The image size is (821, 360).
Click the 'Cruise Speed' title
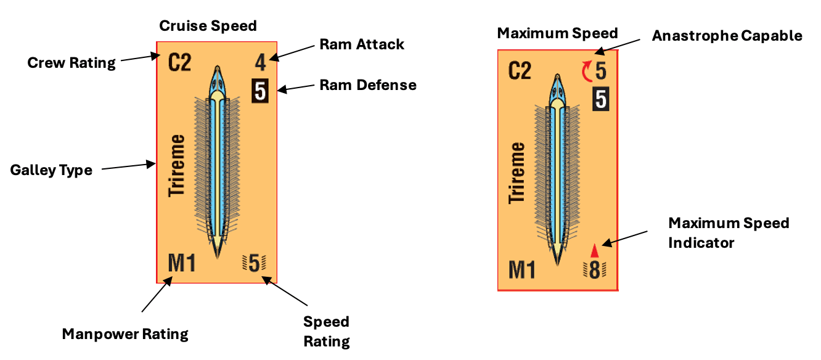click(x=208, y=26)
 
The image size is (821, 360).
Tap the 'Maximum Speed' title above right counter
click(x=557, y=33)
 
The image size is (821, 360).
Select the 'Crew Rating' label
click(x=71, y=63)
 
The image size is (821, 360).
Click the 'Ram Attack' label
click(x=362, y=44)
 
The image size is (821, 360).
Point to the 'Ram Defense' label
click(x=368, y=85)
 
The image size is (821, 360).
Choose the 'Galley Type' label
click(x=51, y=170)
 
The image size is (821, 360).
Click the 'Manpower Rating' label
click(x=125, y=334)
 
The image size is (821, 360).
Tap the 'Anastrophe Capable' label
click(x=727, y=36)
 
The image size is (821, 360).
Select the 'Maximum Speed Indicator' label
click(x=729, y=233)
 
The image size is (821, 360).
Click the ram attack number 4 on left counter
click(x=260, y=63)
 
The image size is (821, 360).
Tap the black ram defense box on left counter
click(x=260, y=91)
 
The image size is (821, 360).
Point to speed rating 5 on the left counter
click(x=254, y=263)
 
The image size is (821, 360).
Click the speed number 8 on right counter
click(x=595, y=270)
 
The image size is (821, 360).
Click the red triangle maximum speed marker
click(x=595, y=251)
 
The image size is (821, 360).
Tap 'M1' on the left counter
click(x=182, y=263)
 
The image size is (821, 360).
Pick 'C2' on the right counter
click(x=520, y=71)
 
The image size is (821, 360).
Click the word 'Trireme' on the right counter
click(x=517, y=173)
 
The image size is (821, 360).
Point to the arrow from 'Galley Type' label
click(x=129, y=166)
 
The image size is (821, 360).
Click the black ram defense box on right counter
click(x=601, y=99)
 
